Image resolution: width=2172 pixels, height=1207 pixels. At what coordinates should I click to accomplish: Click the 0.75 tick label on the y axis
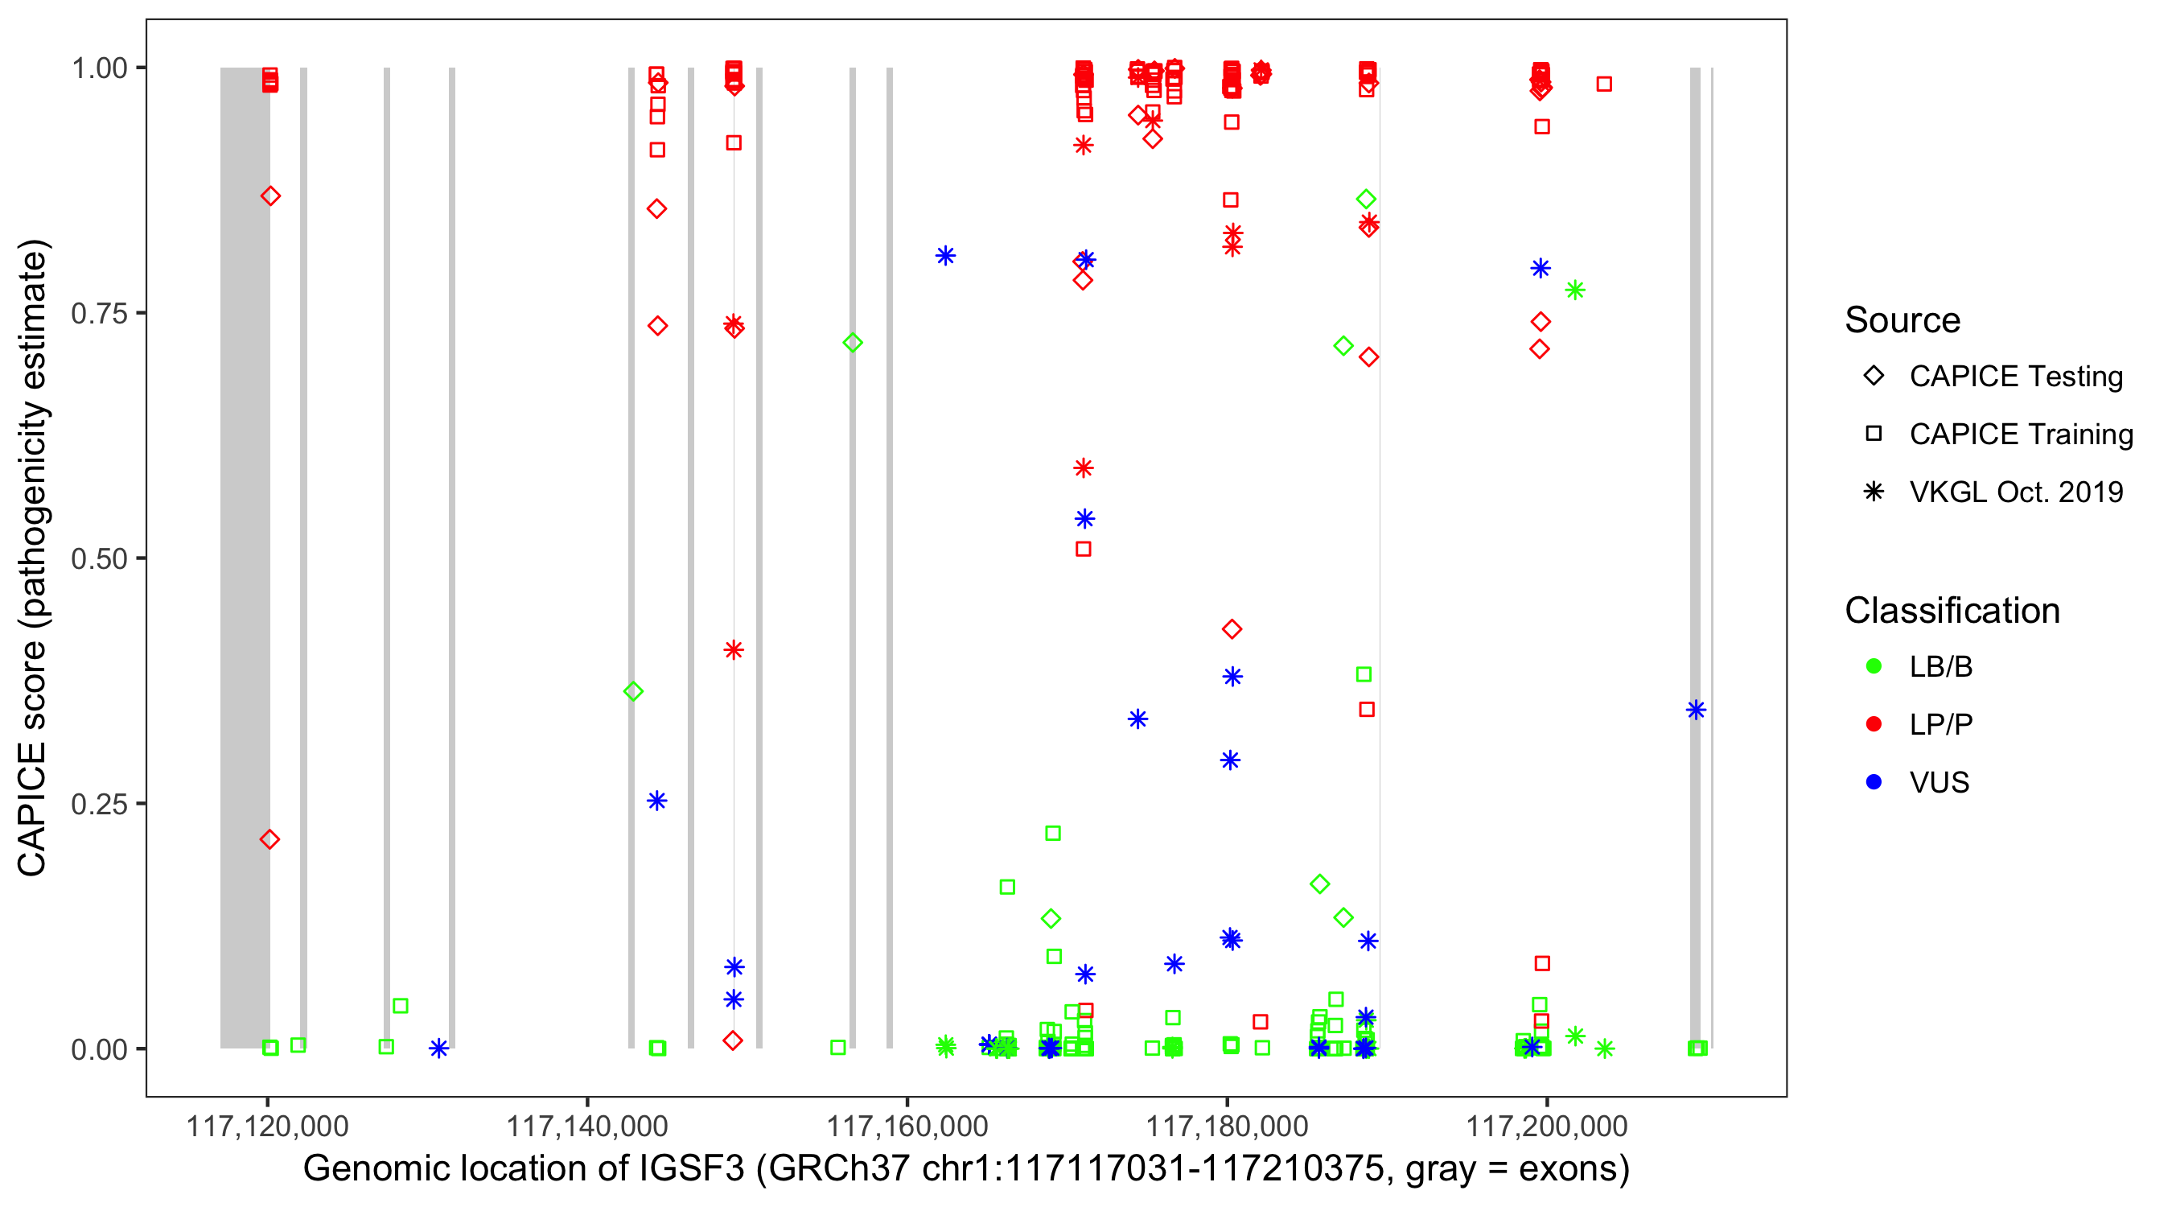click(98, 314)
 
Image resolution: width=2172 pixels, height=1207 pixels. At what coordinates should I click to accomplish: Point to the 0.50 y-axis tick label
click(98, 558)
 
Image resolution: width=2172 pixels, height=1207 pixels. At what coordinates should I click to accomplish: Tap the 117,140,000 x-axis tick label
click(587, 1126)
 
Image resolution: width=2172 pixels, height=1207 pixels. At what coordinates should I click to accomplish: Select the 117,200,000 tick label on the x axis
click(1546, 1126)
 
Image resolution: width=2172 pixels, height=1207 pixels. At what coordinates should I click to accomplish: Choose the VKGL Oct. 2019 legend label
click(2016, 492)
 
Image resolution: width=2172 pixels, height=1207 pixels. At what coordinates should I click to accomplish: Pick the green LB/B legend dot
click(1874, 666)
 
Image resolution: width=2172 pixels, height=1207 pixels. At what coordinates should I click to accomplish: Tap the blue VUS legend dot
click(1874, 782)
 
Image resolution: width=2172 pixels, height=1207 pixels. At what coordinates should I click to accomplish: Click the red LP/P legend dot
click(1874, 724)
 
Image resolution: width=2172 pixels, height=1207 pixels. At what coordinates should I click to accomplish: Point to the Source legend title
click(1903, 320)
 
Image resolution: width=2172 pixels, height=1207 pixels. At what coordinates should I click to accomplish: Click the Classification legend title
click(1952, 611)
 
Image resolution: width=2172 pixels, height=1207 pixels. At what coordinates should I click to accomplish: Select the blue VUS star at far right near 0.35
click(1696, 711)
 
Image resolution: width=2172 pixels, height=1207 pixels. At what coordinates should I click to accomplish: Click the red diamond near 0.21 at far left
click(269, 839)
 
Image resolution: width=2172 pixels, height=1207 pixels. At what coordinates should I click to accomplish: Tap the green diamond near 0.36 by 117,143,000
click(633, 692)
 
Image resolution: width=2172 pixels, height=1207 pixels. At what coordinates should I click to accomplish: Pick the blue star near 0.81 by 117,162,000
click(945, 256)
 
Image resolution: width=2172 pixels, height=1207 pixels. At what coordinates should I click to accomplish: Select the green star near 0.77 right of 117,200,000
click(1574, 290)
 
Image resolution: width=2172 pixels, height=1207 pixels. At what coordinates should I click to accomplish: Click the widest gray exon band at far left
click(245, 557)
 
